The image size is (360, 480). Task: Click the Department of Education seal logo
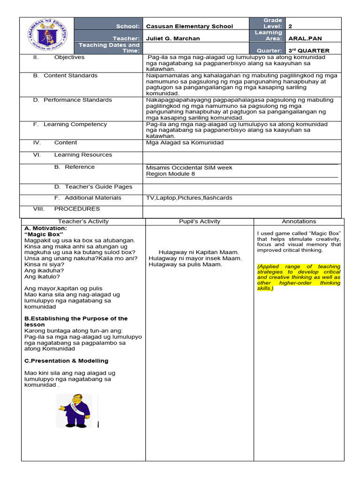coord(47,36)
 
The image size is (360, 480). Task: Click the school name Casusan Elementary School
coord(189,26)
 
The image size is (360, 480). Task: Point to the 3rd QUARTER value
coord(308,51)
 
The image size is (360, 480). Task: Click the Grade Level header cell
coord(272,23)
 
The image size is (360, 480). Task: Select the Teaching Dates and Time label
coord(109,48)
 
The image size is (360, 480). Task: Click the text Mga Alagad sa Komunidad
coord(185,142)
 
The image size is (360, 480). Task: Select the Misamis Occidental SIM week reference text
coord(189,167)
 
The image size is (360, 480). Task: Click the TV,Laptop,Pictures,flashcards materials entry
coord(189,198)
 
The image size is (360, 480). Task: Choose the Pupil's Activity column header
coord(199,221)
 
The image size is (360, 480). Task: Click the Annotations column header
coord(299,221)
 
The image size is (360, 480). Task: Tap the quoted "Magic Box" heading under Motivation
coord(44,234)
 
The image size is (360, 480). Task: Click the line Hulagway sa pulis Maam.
coord(185,264)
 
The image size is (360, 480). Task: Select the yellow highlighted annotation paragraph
coord(299,277)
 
